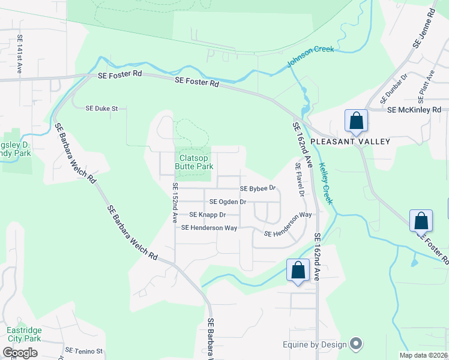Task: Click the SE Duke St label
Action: (x=106, y=109)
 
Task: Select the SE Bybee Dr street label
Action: (x=257, y=188)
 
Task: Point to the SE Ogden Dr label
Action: (x=228, y=202)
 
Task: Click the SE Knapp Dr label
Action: (x=207, y=215)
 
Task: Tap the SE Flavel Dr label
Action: (x=300, y=179)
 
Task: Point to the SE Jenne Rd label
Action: (x=424, y=29)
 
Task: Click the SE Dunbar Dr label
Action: (x=394, y=88)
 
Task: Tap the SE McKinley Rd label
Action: (x=414, y=110)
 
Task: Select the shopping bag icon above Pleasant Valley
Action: (x=357, y=121)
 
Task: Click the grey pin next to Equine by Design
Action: (x=356, y=344)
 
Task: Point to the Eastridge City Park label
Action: (x=23, y=334)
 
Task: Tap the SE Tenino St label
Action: (x=85, y=350)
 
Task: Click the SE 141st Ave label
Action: (x=20, y=54)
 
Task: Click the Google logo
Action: (x=19, y=353)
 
